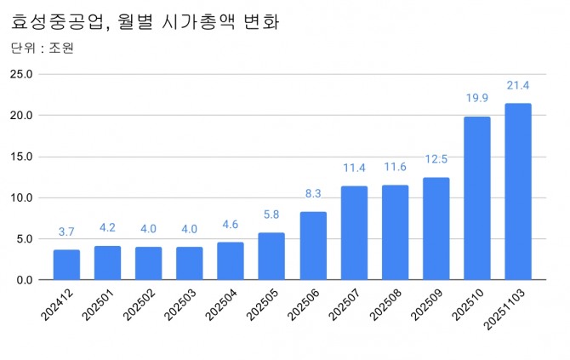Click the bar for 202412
(x=66, y=265)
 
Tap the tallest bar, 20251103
(x=517, y=191)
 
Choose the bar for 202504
(x=231, y=260)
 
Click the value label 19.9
(x=477, y=99)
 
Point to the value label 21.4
(x=517, y=86)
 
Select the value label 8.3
(x=313, y=194)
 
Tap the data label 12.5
(x=436, y=160)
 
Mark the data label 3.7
(x=66, y=231)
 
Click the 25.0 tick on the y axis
(x=20, y=74)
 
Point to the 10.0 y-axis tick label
(x=20, y=197)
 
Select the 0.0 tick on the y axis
(x=24, y=280)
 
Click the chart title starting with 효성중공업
(x=145, y=20)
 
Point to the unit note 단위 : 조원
(x=43, y=48)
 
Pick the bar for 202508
(x=395, y=231)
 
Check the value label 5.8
(x=271, y=215)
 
